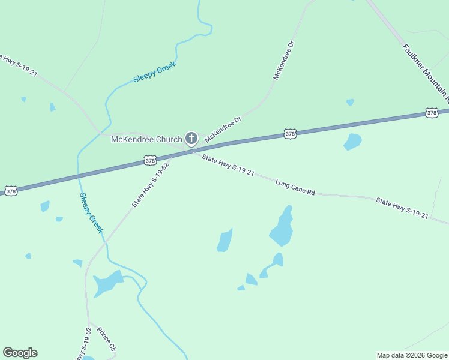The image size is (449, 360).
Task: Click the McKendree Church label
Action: (146, 140)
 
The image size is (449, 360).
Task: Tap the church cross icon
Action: (191, 139)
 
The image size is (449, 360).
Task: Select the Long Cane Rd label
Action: (295, 187)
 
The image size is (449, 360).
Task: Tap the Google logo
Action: (20, 353)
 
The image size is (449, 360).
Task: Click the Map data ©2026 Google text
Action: (412, 355)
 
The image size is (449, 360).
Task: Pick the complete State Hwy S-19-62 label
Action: (150, 185)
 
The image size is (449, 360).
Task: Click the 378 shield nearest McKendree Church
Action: (150, 161)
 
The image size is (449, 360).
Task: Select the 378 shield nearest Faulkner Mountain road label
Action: (432, 113)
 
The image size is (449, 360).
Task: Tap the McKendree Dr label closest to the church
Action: (222, 130)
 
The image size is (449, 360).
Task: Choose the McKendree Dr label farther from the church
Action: (284, 61)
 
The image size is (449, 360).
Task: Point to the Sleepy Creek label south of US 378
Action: (92, 213)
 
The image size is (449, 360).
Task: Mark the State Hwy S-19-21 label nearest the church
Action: (228, 166)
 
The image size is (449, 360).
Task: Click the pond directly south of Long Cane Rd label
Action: (282, 227)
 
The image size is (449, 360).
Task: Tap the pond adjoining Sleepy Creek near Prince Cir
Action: (107, 283)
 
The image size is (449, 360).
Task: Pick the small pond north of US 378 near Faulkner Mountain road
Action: (350, 102)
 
